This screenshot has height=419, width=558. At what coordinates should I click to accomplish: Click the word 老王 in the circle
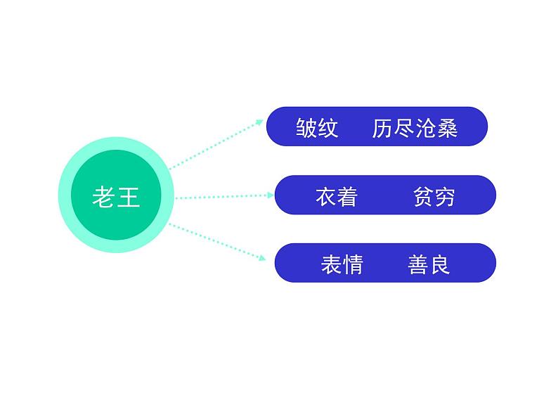point(116,198)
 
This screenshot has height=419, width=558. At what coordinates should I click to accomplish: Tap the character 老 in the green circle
point(104,198)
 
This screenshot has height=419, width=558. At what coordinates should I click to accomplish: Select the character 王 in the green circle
point(129,198)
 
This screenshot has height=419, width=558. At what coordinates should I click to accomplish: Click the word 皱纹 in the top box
point(317,128)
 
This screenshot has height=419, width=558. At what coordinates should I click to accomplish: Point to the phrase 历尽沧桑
point(415,128)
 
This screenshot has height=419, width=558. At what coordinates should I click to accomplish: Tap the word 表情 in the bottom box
point(342,265)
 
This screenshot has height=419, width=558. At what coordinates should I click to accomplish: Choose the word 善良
point(429,265)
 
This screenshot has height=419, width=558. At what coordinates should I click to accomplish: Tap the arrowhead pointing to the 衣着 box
point(269,195)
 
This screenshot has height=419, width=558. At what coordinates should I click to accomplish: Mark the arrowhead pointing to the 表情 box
point(262,259)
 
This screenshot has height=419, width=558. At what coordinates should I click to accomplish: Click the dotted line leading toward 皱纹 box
point(214,146)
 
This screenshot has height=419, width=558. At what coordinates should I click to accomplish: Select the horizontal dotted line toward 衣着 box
point(221,196)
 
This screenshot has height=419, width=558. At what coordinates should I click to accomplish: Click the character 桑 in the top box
point(447,128)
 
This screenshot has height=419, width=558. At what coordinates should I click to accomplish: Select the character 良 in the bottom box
point(439,265)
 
